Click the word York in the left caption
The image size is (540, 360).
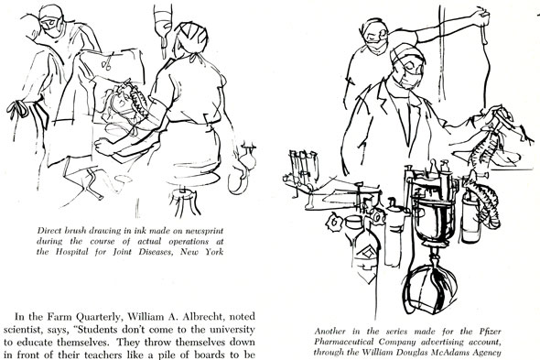tap(214, 251)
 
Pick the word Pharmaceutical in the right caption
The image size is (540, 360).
tap(344, 343)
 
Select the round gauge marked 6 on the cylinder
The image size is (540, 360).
tap(333, 223)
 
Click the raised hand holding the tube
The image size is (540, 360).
tap(482, 18)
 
